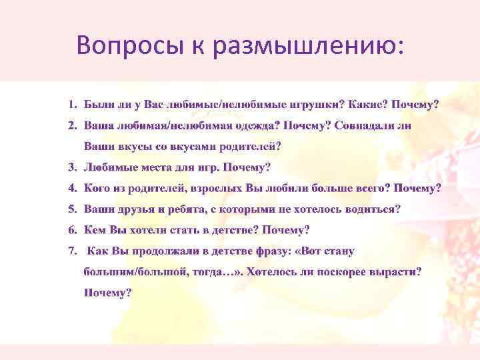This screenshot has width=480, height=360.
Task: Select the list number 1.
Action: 72,105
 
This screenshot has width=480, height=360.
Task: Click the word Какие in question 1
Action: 367,105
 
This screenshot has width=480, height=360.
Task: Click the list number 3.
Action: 72,167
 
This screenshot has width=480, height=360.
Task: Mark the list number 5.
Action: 72,209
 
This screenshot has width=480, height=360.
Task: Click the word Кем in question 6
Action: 95,230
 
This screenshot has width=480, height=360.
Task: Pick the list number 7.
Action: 72,251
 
